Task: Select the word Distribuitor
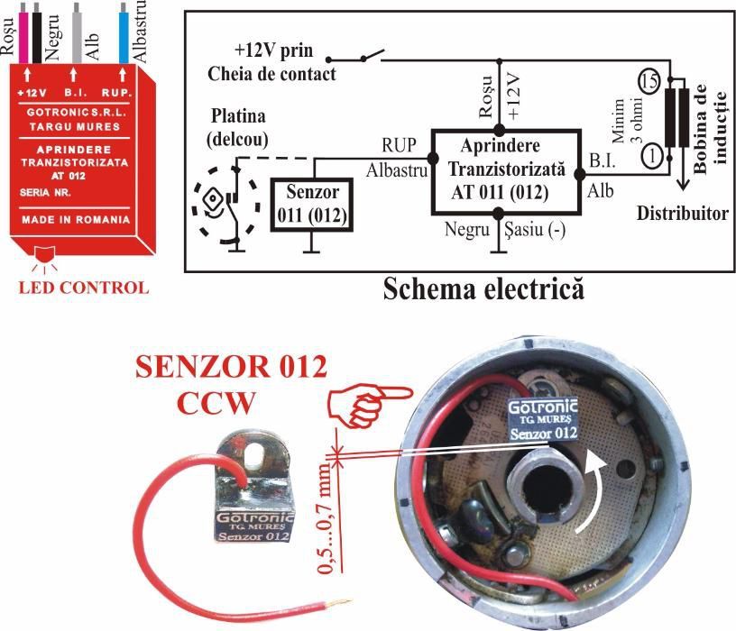(683, 214)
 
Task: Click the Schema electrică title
(483, 288)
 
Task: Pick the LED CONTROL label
(83, 288)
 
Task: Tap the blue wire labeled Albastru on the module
(124, 32)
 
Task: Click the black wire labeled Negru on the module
(37, 32)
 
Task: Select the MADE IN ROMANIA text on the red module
(76, 219)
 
